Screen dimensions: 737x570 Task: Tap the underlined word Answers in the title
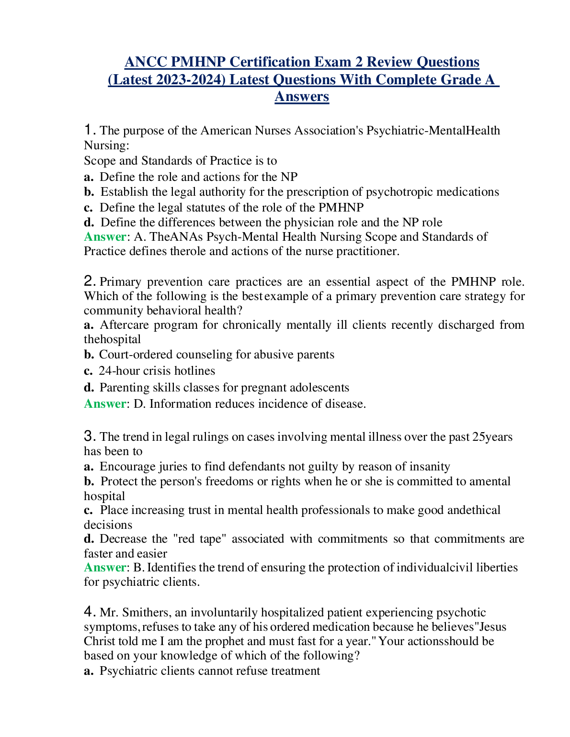(302, 97)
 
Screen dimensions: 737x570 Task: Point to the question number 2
(90, 281)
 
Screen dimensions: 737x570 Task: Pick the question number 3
(90, 436)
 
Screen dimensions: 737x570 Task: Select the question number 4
(90, 612)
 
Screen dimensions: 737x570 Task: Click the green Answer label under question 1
(105, 237)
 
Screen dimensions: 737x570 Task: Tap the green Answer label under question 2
(105, 404)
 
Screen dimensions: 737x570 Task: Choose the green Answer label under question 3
(105, 568)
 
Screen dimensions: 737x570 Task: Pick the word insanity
(429, 467)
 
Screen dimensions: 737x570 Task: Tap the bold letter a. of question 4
(89, 671)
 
